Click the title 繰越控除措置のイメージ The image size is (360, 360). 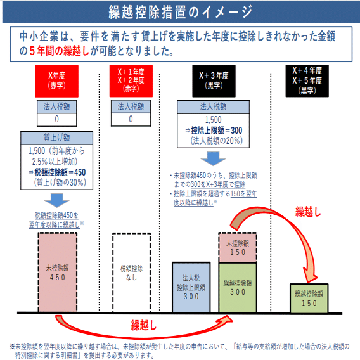[181, 12]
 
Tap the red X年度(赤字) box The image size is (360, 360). [56, 81]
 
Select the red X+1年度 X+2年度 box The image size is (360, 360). [131, 81]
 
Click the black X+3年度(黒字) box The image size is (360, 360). [214, 81]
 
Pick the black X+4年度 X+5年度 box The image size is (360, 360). [307, 81]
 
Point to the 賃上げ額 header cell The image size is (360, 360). [56, 138]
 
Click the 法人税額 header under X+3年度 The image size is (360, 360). [213, 106]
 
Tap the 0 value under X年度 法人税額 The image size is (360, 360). [56, 119]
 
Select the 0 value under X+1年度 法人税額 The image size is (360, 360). [131, 119]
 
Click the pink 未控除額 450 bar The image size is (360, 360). [58, 273]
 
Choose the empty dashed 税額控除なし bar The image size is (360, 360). [132, 273]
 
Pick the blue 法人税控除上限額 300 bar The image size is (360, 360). [191, 287]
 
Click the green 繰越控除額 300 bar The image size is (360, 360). [238, 288]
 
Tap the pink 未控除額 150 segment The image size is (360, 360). [238, 247]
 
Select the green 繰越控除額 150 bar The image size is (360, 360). [309, 299]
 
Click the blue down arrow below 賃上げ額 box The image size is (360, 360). [56, 200]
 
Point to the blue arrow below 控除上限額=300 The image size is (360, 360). [214, 158]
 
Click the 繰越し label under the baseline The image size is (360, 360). [143, 325]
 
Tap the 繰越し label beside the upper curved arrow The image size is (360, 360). [307, 212]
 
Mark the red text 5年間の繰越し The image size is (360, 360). [59, 51]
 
